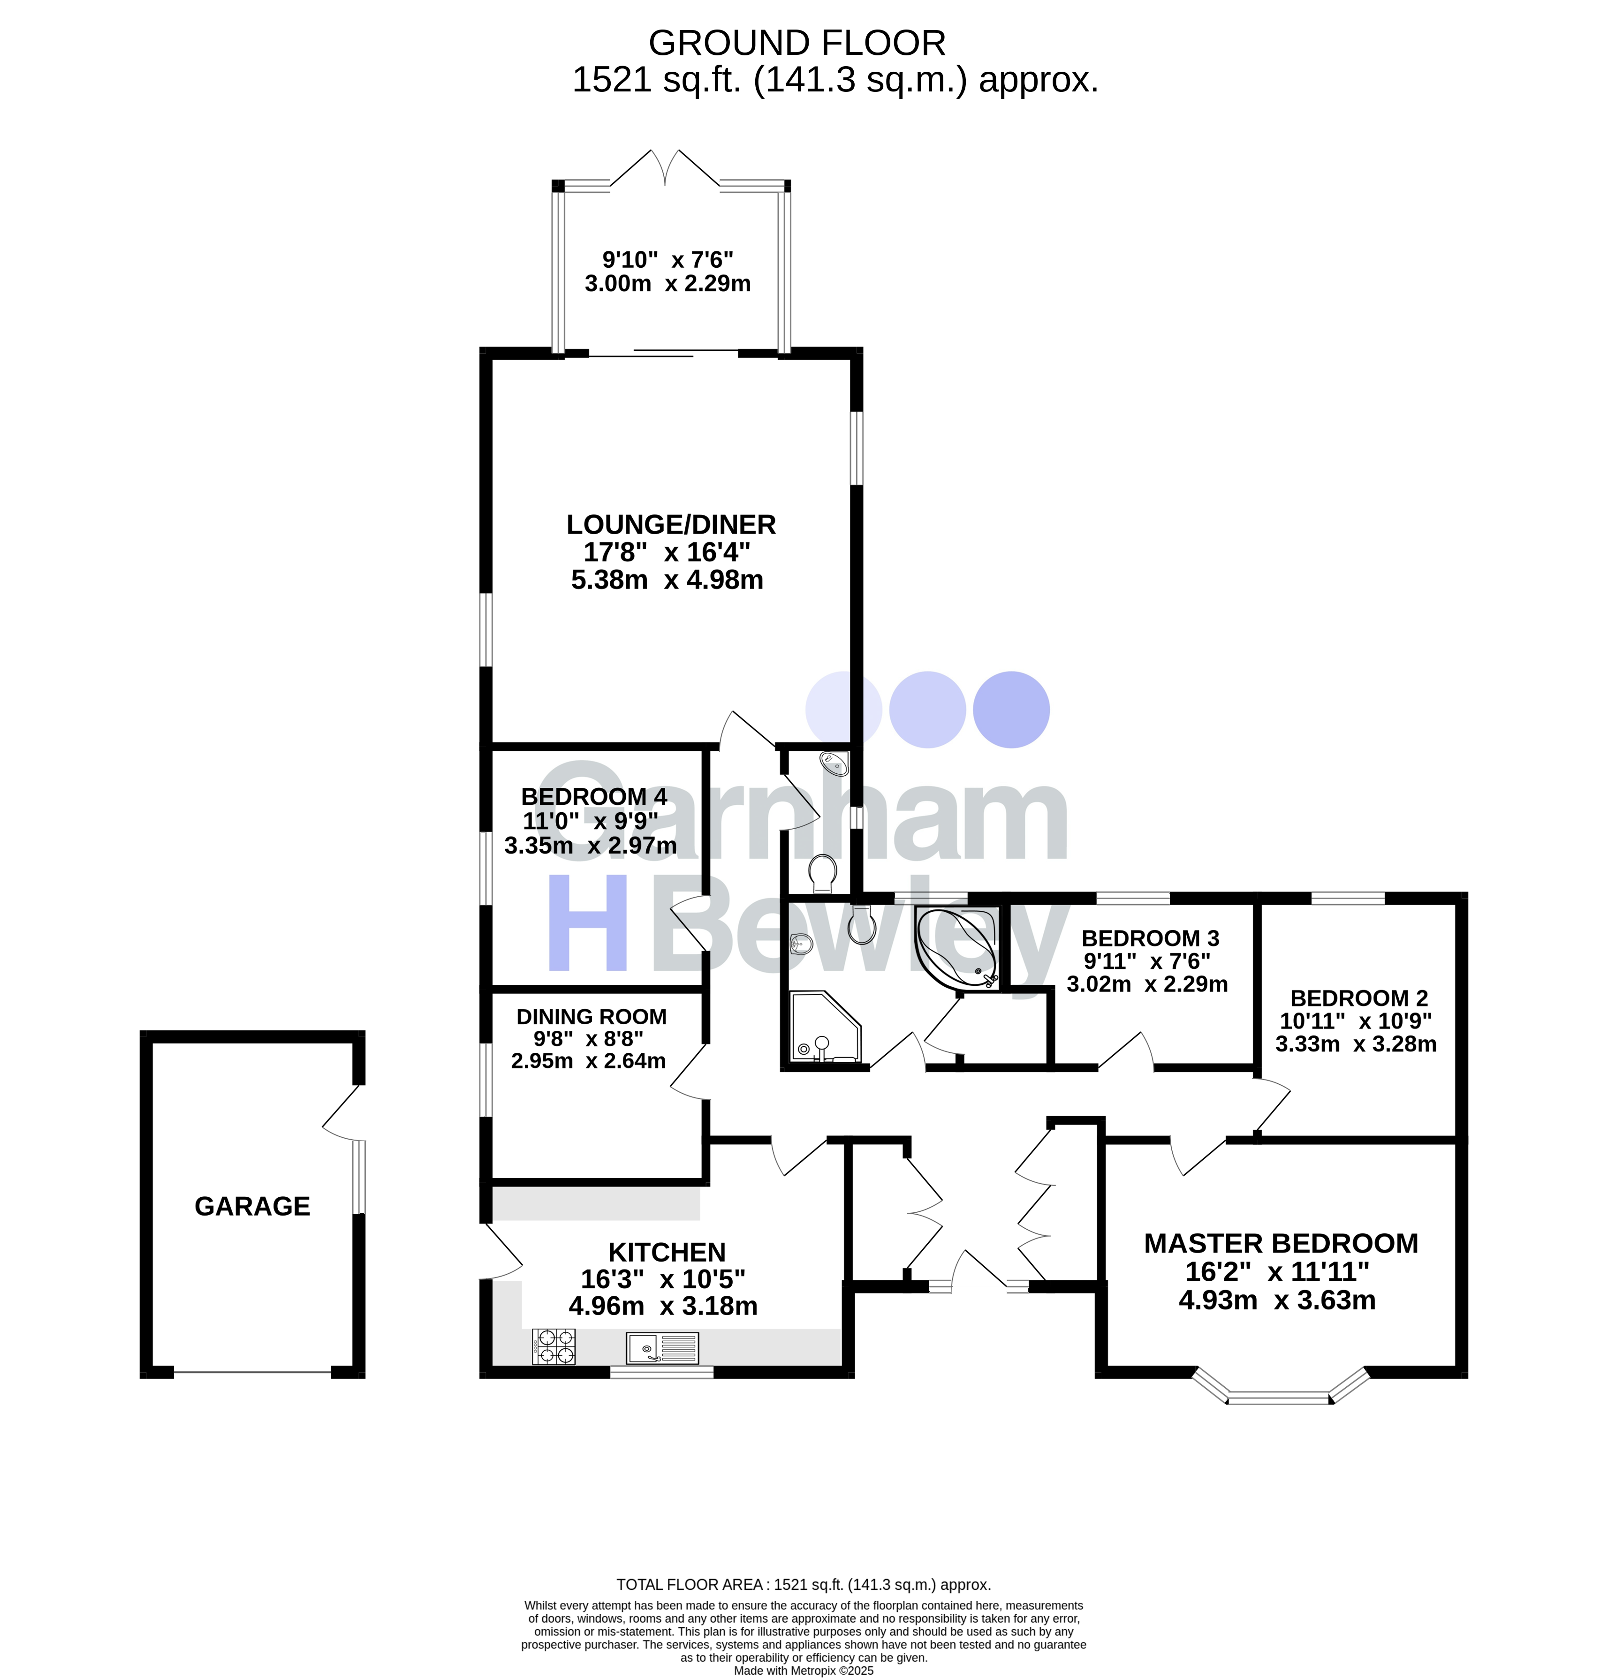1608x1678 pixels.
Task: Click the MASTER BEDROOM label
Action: (x=1280, y=1243)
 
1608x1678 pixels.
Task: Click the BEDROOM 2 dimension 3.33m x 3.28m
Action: (x=1356, y=1043)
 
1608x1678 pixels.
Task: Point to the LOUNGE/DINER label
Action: (x=670, y=524)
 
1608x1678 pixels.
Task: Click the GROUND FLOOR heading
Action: (x=796, y=43)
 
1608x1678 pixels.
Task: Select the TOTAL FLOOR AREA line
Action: (x=803, y=1585)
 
